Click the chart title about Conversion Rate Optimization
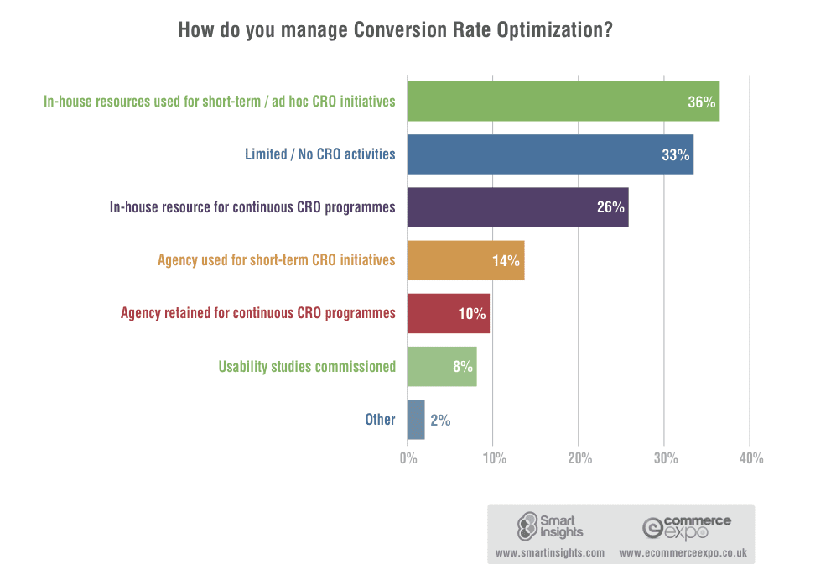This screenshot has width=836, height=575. pos(395,31)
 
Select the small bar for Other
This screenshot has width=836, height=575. pos(416,419)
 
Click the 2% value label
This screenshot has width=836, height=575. pos(440,420)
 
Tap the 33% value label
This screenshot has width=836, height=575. pos(675,155)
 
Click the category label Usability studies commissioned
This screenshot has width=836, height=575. pos(307,367)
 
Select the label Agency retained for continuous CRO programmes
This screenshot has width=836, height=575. pos(257,313)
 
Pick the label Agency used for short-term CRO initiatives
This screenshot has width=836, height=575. pos(276,260)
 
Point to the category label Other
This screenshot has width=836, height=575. pos(380,419)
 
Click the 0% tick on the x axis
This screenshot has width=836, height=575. pos(408,458)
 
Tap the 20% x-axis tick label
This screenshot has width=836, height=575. pos(579,458)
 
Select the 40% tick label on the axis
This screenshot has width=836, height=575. pos(750,458)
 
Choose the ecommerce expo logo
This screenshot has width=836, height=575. pos(686,526)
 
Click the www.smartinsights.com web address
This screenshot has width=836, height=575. pos(550,553)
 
